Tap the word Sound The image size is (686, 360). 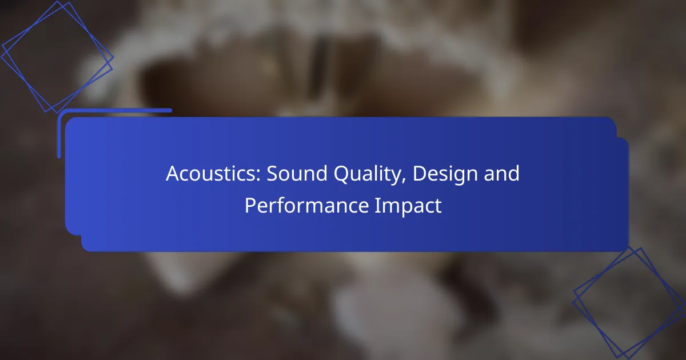tap(297, 173)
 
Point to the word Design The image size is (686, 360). tap(445, 175)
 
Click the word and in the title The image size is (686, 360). tap(502, 173)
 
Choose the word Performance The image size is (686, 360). tap(306, 206)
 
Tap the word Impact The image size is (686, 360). tap(408, 206)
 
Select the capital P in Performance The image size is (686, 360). tap(250, 205)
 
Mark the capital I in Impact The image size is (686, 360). tap(377, 205)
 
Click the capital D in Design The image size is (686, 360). tap(420, 174)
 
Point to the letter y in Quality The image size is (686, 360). tap(395, 178)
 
